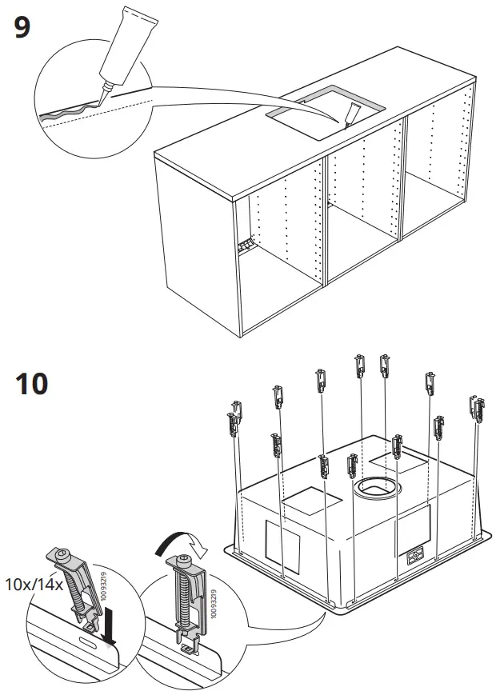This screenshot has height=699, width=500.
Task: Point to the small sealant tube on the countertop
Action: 353,114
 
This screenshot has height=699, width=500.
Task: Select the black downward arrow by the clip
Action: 110,629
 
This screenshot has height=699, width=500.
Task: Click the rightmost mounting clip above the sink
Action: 478,409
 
